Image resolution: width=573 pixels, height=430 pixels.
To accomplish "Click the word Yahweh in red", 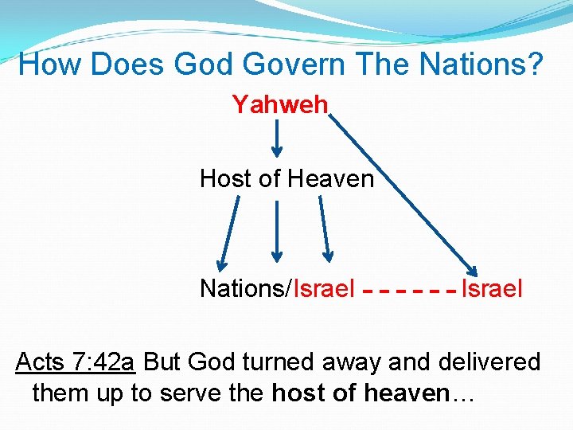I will (x=280, y=105).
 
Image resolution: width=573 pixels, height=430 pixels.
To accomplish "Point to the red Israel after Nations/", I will (x=325, y=288).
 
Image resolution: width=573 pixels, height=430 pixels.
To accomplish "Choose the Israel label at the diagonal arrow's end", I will (x=493, y=288).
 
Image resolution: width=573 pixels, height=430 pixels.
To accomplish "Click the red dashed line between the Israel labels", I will (x=408, y=291).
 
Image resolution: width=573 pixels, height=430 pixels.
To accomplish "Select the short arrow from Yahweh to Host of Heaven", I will (x=277, y=139).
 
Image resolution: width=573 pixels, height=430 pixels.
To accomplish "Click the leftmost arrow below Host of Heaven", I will (x=229, y=231).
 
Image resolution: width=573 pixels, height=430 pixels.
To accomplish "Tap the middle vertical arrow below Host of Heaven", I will (x=276, y=231).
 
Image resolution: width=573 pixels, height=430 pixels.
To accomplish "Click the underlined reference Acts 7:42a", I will (x=76, y=362).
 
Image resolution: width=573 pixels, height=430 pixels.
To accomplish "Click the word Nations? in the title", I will (x=495, y=64).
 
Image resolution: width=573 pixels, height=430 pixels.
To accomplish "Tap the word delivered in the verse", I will (x=489, y=362).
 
